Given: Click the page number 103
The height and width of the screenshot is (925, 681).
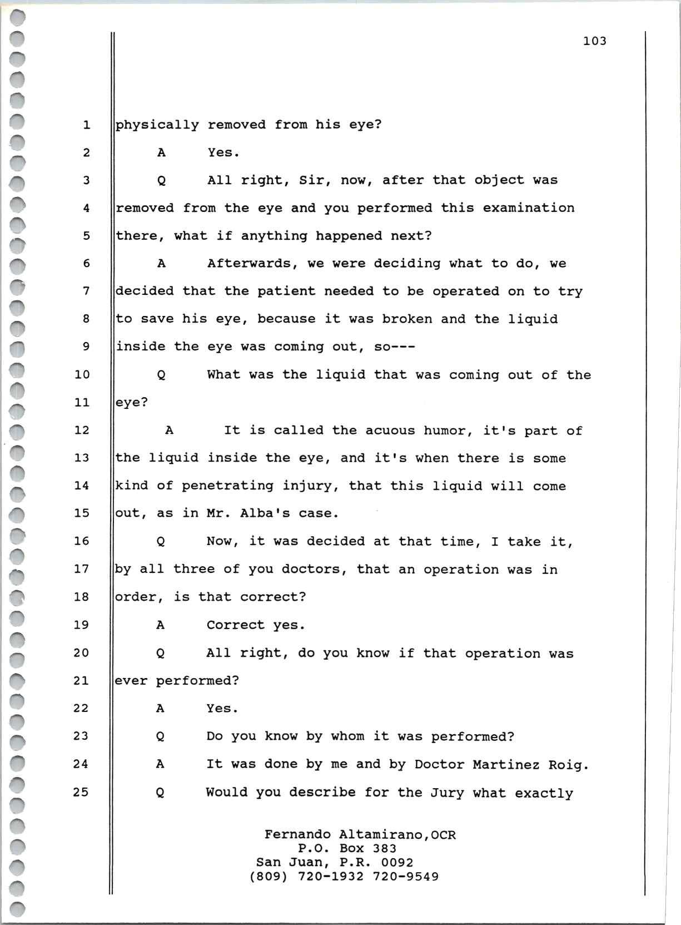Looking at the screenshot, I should [594, 41].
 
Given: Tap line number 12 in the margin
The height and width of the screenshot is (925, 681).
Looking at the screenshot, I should [82, 430].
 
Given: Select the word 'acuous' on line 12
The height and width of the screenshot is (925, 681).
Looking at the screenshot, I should [390, 431].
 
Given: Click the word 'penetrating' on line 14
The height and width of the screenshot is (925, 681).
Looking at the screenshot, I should [227, 486].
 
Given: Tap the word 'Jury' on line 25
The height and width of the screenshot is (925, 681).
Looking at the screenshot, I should [447, 793].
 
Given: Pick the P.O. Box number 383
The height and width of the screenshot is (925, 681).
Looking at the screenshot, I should [385, 849].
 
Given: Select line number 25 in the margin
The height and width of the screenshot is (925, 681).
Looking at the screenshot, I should [81, 792].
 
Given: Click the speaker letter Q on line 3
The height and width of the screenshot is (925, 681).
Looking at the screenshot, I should [161, 181].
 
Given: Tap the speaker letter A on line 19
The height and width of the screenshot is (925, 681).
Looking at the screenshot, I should [160, 625].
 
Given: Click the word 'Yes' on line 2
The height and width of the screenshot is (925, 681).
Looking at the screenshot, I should [221, 152].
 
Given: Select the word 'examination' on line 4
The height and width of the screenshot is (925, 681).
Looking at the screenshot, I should [528, 208].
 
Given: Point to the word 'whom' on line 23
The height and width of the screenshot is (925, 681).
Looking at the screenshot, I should [347, 736].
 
